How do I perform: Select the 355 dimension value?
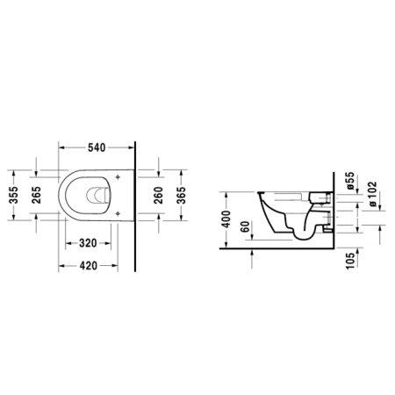14,197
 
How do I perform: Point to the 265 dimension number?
38,197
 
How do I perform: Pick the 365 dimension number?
182,197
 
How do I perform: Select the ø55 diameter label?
350,181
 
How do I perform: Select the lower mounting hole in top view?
117,221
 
